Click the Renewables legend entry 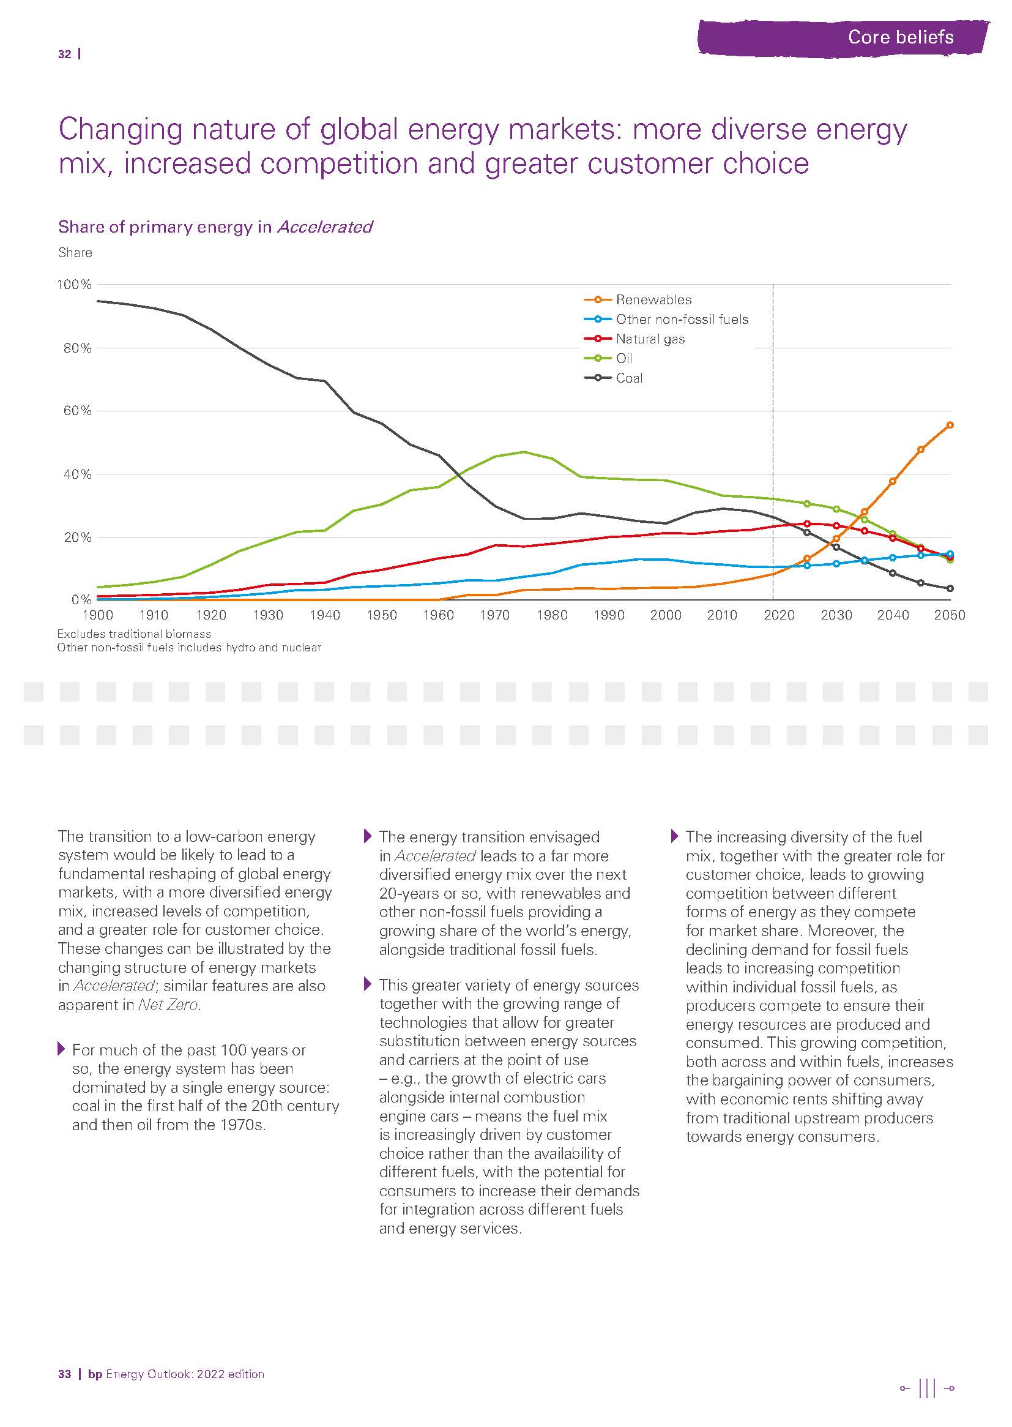[653, 300]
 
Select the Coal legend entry [629, 378]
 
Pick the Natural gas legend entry [650, 339]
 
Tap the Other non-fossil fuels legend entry [682, 320]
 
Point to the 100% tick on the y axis [74, 285]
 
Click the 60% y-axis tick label [77, 411]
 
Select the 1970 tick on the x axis [496, 615]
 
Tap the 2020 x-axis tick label [779, 615]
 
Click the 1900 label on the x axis [98, 615]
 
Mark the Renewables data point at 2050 [950, 425]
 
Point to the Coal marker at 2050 [950, 588]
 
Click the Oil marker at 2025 [807, 504]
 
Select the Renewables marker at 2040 [892, 481]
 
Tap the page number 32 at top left [64, 55]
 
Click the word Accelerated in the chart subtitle [325, 227]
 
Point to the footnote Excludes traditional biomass [134, 634]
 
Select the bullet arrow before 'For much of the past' [61, 1049]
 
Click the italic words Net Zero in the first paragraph [168, 1005]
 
